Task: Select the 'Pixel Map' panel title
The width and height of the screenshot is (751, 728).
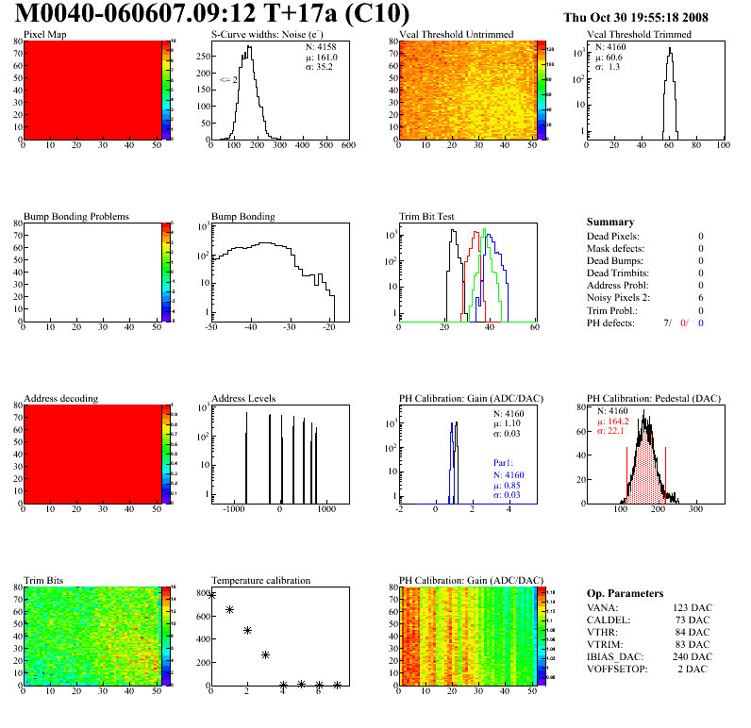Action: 44,35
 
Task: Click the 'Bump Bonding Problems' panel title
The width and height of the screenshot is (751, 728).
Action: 76,217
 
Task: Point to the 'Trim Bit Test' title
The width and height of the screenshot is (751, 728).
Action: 427,217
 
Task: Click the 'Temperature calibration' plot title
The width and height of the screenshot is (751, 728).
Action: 261,581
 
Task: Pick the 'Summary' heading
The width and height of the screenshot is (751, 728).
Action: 610,222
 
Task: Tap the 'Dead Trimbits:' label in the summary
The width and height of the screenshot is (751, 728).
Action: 618,273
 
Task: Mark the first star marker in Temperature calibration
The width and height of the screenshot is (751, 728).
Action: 211,595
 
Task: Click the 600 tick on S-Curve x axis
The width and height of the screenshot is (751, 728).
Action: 347,146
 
